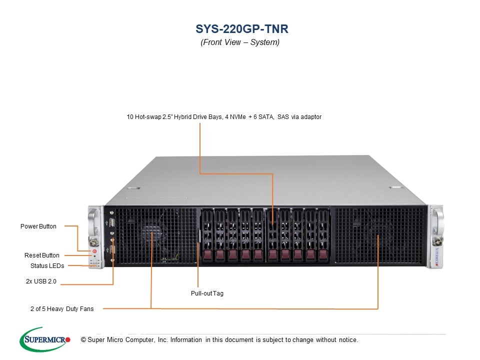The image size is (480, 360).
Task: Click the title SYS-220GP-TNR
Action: (x=240, y=28)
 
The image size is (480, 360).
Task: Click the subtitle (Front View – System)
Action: (x=240, y=42)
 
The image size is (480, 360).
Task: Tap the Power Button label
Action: (x=38, y=226)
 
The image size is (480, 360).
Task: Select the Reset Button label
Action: (x=42, y=255)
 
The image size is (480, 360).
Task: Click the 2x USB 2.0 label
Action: (x=41, y=282)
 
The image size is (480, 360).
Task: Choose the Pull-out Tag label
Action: (x=207, y=293)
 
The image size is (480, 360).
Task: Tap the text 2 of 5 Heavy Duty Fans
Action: (x=62, y=309)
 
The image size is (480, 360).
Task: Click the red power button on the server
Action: (x=93, y=251)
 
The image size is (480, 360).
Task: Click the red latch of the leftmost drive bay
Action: (x=207, y=255)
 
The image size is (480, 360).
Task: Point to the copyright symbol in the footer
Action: (x=76, y=340)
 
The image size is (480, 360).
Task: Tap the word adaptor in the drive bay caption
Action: (x=310, y=117)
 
